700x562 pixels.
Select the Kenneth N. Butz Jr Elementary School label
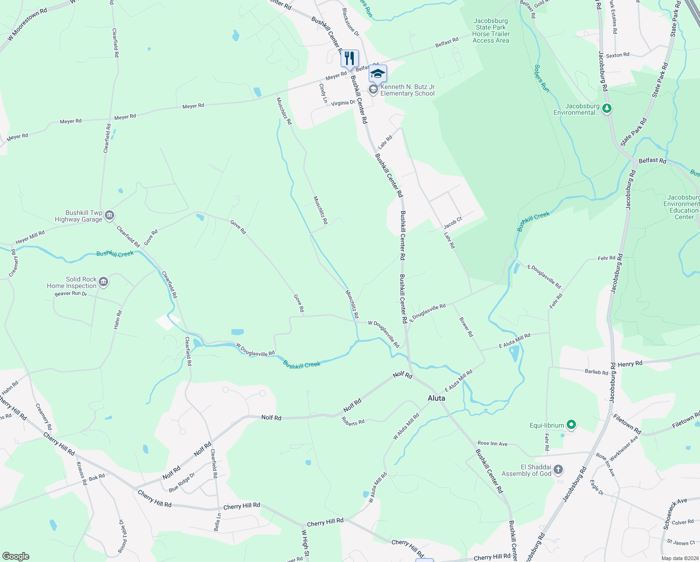tap(407, 90)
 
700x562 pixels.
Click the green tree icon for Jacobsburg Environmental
tap(607, 109)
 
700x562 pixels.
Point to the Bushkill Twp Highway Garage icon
tap(109, 215)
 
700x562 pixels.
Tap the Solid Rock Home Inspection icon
tap(104, 282)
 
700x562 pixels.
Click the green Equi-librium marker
tap(571, 425)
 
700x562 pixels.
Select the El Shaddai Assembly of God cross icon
tap(559, 470)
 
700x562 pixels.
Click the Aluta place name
tap(437, 398)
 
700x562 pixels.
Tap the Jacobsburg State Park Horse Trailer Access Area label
tap(491, 31)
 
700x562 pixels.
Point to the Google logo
tap(16, 556)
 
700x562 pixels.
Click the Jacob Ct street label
tap(452, 222)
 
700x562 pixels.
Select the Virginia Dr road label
tap(343, 103)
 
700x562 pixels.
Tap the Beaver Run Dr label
tap(71, 294)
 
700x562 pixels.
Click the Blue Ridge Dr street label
tap(182, 482)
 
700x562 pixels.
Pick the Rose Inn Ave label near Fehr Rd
tap(492, 444)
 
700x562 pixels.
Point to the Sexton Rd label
tap(618, 55)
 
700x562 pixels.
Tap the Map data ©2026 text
tap(680, 558)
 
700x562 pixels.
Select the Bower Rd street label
tap(466, 327)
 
